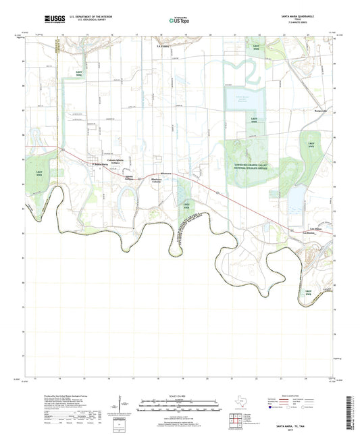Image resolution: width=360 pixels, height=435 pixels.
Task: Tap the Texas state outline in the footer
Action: (238, 401)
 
